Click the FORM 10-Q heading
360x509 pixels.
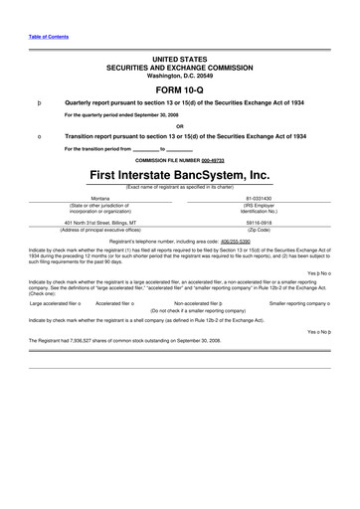(179, 91)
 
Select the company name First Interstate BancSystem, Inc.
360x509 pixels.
(179, 175)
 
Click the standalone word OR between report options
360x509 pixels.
(179, 125)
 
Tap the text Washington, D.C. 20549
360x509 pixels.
(179, 77)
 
